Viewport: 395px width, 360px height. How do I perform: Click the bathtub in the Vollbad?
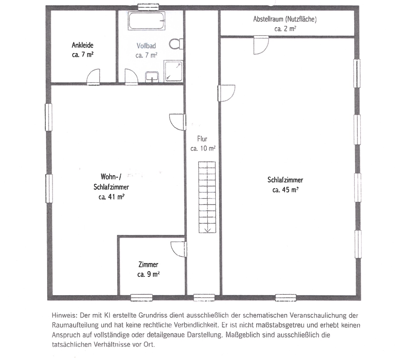point(146,21)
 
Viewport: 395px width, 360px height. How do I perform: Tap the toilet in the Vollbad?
point(176,44)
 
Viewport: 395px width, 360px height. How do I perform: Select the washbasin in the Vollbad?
point(152,77)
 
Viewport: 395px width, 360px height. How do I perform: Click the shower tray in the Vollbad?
point(173,71)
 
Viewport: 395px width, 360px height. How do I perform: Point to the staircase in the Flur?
point(207,197)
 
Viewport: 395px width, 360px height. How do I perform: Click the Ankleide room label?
point(82,45)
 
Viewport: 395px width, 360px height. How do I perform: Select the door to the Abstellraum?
point(261,45)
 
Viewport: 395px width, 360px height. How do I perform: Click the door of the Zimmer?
point(179,249)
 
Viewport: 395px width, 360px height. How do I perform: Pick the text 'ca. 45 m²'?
point(285,190)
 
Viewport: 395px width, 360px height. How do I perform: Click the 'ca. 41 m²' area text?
point(111,197)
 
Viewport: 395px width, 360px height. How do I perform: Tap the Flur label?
point(202,139)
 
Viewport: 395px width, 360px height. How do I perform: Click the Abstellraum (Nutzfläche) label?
point(285,19)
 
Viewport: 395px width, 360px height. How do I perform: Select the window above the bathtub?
point(148,7)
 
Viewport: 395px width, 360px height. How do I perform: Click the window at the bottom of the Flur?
point(204,297)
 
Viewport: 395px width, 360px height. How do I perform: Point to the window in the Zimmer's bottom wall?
point(142,298)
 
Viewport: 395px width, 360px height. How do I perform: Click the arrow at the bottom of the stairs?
point(208,230)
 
